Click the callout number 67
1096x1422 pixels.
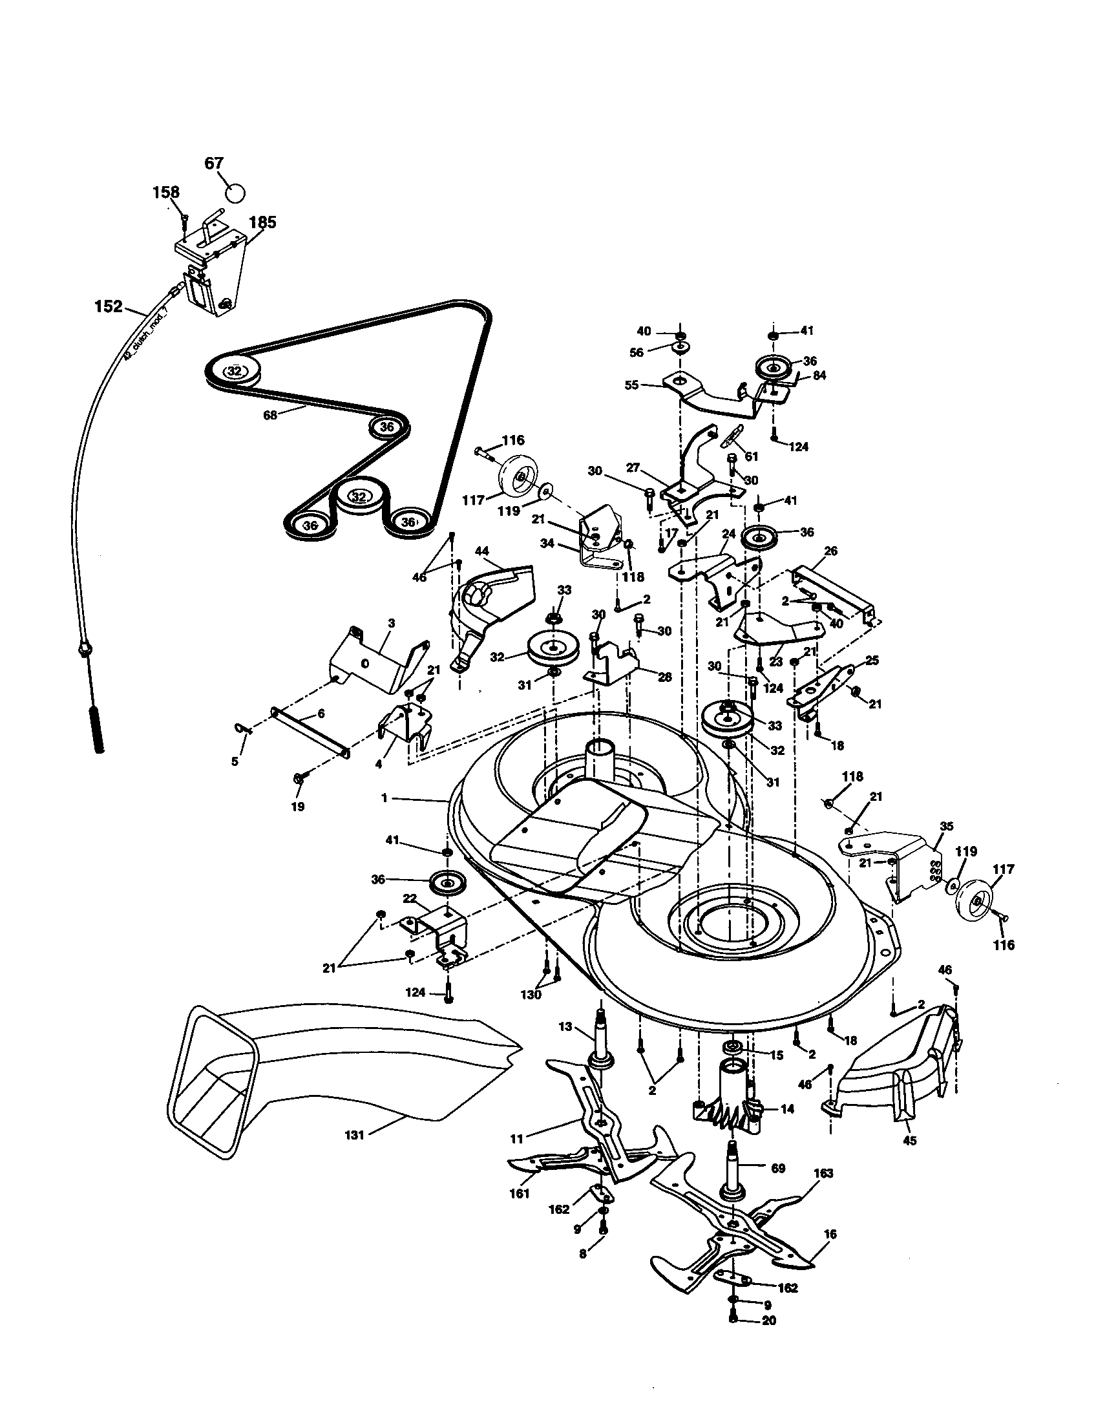pyautogui.click(x=214, y=164)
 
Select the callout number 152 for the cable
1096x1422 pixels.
pyautogui.click(x=109, y=305)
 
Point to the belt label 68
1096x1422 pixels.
pyautogui.click(x=269, y=414)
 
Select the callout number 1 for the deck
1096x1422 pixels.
pyautogui.click(x=385, y=798)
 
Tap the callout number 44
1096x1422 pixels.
pyautogui.click(x=482, y=551)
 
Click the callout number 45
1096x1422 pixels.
pyautogui.click(x=910, y=1140)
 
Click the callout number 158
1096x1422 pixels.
pyautogui.click(x=166, y=192)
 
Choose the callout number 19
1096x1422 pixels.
pyautogui.click(x=298, y=806)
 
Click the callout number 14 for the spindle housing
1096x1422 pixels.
pyautogui.click(x=787, y=1109)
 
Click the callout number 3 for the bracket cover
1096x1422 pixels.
pyautogui.click(x=391, y=623)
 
